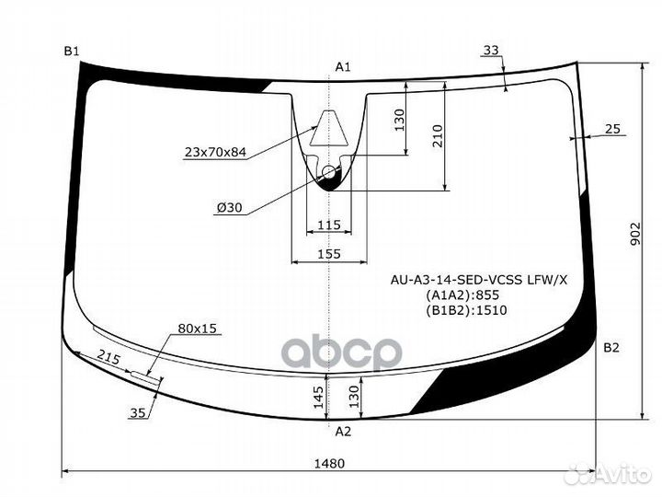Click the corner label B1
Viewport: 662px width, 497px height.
[72, 51]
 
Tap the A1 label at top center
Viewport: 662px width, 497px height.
[343, 66]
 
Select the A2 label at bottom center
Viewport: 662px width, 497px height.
[342, 431]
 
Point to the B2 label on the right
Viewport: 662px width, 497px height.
[611, 347]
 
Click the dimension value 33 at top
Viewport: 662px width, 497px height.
[491, 50]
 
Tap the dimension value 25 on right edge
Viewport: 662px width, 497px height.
[613, 130]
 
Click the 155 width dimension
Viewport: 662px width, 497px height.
[328, 254]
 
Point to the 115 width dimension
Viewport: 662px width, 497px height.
[328, 225]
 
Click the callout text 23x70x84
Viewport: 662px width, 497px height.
[215, 153]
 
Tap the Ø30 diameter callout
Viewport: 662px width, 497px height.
[229, 208]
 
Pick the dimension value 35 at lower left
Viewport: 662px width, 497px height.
[137, 413]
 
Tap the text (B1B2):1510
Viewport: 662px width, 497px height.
[466, 310]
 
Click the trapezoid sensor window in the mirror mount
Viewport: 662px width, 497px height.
[329, 132]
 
